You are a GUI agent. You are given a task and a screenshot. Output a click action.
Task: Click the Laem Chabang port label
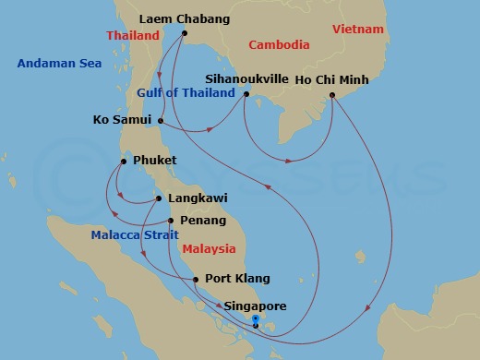[185, 18]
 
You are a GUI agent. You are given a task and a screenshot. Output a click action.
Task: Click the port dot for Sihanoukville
[246, 93]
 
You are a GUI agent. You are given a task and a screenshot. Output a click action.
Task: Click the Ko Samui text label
[123, 120]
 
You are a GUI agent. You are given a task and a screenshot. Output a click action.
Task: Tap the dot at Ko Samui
[161, 120]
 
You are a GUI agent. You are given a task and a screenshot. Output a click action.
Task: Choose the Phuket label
[154, 161]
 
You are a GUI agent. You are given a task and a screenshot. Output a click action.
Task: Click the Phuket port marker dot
[123, 161]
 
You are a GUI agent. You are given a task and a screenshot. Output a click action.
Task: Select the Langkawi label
[196, 198]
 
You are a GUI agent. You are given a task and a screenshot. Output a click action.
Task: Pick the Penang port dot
[170, 221]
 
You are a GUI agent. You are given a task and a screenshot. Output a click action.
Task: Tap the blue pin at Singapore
[255, 321]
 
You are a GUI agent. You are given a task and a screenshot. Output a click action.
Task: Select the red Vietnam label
[357, 30]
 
